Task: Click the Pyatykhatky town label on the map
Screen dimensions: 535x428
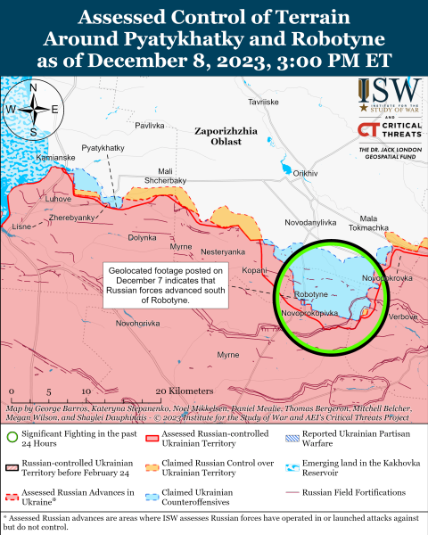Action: click(102, 146)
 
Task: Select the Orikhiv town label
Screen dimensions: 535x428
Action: click(306, 173)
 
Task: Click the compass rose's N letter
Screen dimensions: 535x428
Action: click(34, 86)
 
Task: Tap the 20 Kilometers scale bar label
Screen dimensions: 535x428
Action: click(184, 391)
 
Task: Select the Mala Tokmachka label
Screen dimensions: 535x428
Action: click(374, 223)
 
